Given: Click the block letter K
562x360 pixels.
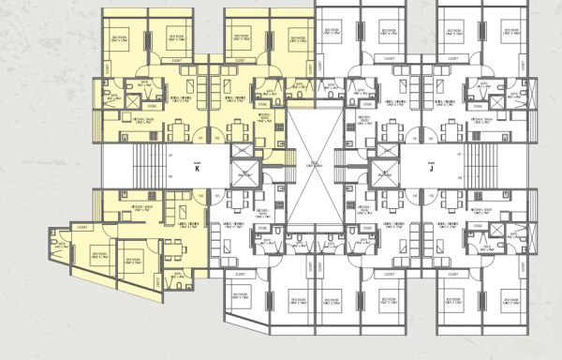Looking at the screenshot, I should (x=198, y=171).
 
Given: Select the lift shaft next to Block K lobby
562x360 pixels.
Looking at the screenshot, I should (x=242, y=171).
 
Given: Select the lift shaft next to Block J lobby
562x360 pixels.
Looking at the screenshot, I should (x=384, y=171).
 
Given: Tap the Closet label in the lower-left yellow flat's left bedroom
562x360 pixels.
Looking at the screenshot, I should (x=83, y=226).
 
